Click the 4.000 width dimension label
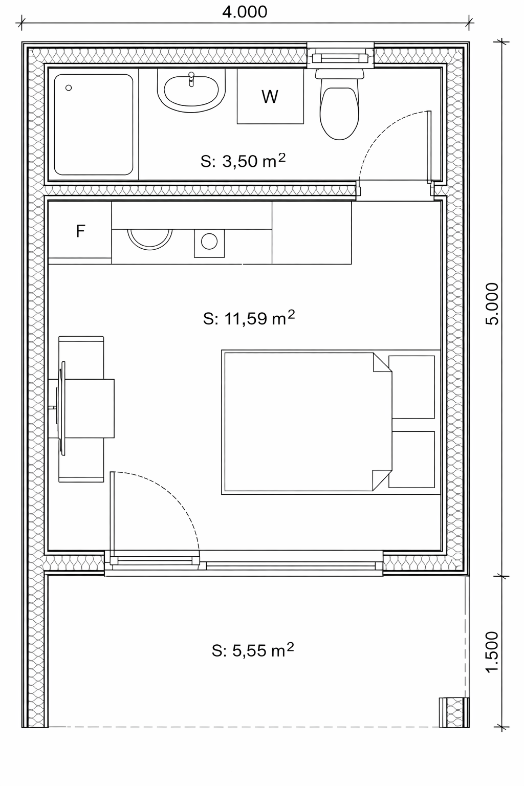(245, 12)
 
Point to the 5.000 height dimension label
(492, 304)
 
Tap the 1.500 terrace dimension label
(492, 652)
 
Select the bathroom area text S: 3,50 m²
(243, 161)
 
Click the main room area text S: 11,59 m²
(249, 318)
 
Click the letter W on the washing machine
(270, 97)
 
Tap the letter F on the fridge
(80, 231)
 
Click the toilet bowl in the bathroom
(339, 113)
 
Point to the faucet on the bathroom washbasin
(191, 79)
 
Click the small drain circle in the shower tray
(69, 88)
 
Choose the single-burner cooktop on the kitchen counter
(209, 243)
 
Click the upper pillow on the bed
(412, 387)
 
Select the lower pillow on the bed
(412, 460)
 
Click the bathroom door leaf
(429, 147)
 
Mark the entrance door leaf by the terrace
(113, 517)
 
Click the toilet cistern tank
(339, 74)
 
